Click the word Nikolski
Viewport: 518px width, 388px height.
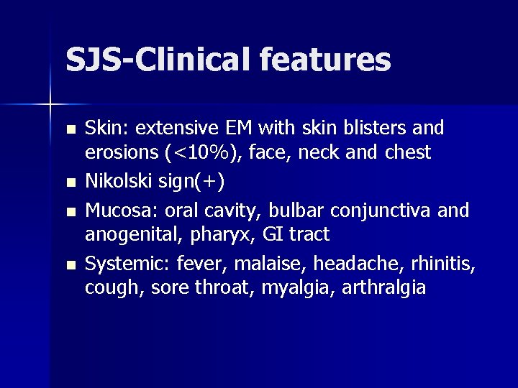click(x=114, y=182)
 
